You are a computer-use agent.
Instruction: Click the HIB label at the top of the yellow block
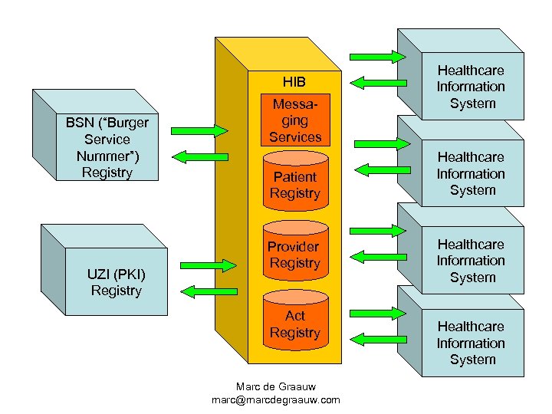[294, 81]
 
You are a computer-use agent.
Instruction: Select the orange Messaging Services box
[295, 120]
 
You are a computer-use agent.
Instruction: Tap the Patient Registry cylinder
[295, 184]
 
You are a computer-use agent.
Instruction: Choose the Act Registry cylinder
[295, 324]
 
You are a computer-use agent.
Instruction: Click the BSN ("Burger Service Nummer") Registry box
[107, 147]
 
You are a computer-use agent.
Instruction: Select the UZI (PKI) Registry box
[116, 281]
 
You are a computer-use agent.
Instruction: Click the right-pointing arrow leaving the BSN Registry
[199, 128]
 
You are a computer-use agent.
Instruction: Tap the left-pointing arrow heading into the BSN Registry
[192, 156]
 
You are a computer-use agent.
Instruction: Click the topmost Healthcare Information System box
[472, 87]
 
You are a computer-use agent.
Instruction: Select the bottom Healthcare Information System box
[472, 343]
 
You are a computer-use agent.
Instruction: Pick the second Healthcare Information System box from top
[472, 173]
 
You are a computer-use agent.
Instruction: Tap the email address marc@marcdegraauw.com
[276, 399]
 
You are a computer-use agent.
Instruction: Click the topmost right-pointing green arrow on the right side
[378, 56]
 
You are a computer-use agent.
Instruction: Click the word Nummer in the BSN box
[107, 156]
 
